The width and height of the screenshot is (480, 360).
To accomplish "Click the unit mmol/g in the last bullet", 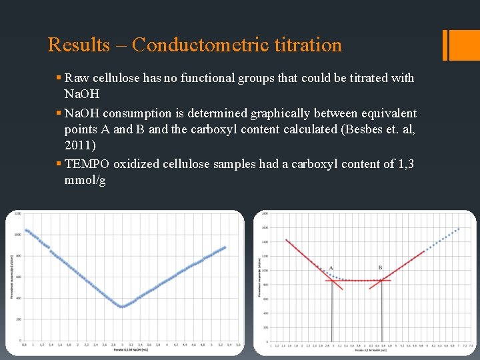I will click(85, 181).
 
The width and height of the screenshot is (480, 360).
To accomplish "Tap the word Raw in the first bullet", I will click(77, 78).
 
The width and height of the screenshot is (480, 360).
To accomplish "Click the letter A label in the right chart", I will click(331, 268).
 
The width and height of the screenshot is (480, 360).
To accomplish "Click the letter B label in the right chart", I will click(380, 268).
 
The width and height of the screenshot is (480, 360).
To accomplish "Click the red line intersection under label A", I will click(332, 281).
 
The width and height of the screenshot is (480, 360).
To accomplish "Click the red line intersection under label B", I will click(381, 281).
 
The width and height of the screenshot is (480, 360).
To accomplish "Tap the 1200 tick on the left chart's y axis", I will click(18, 214).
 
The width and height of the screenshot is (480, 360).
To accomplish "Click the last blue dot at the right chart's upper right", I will click(459, 229).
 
